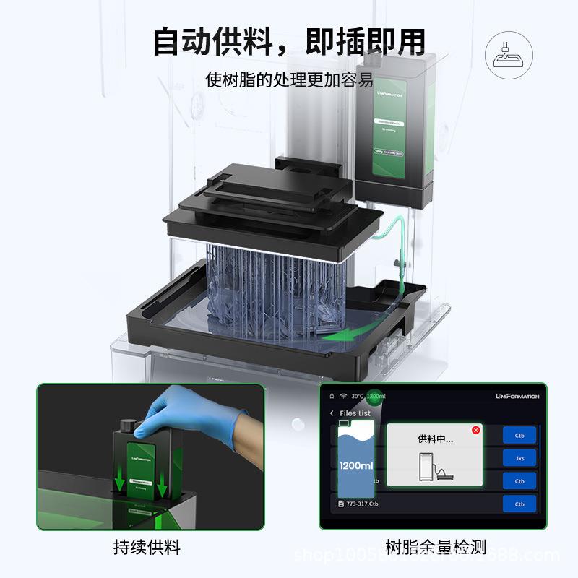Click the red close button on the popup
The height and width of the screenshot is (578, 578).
point(475,430)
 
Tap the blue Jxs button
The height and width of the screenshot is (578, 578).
point(519,457)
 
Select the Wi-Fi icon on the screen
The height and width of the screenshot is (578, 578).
point(342,396)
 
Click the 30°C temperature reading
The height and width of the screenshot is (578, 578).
point(357,396)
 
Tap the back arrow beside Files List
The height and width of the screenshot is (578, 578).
point(332,413)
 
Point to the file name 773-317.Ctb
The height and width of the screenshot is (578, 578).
point(362,504)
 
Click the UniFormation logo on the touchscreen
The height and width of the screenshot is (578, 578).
point(517,396)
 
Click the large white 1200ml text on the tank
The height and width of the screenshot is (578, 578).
point(356,466)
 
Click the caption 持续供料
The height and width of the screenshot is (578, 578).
point(147,547)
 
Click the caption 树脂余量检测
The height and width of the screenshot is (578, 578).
point(435,547)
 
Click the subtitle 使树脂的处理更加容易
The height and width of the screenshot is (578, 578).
point(289,80)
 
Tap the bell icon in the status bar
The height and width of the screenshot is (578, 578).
point(332,396)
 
